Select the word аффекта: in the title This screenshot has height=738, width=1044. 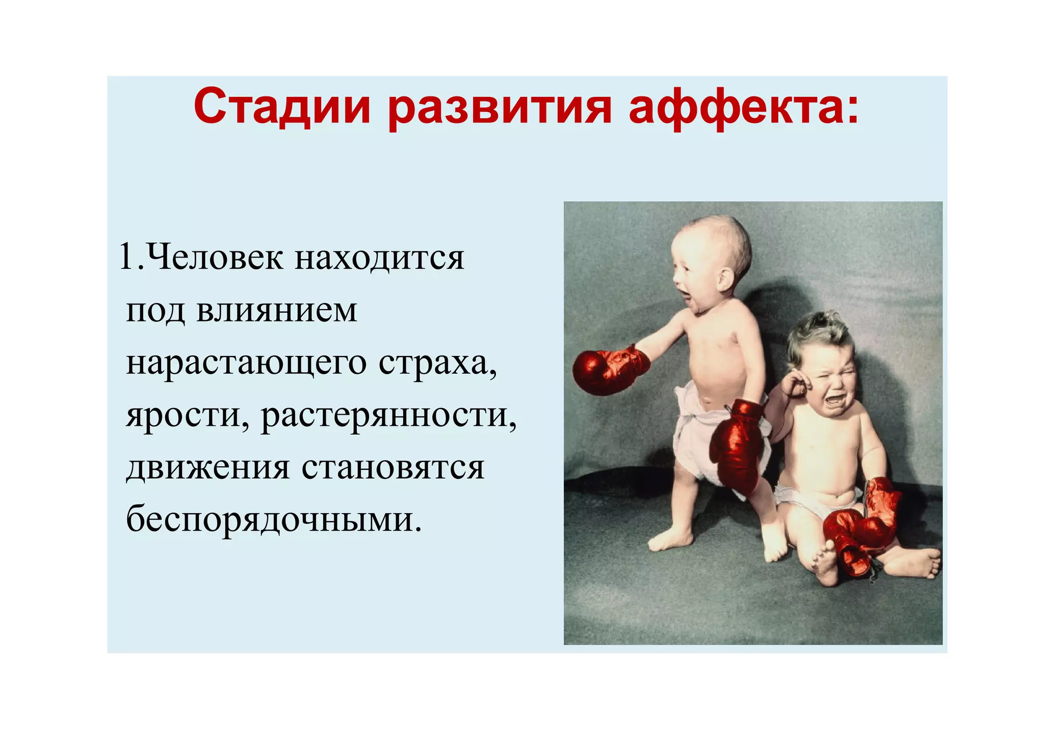pyautogui.click(x=744, y=108)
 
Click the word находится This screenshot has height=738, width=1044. pyautogui.click(x=379, y=258)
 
